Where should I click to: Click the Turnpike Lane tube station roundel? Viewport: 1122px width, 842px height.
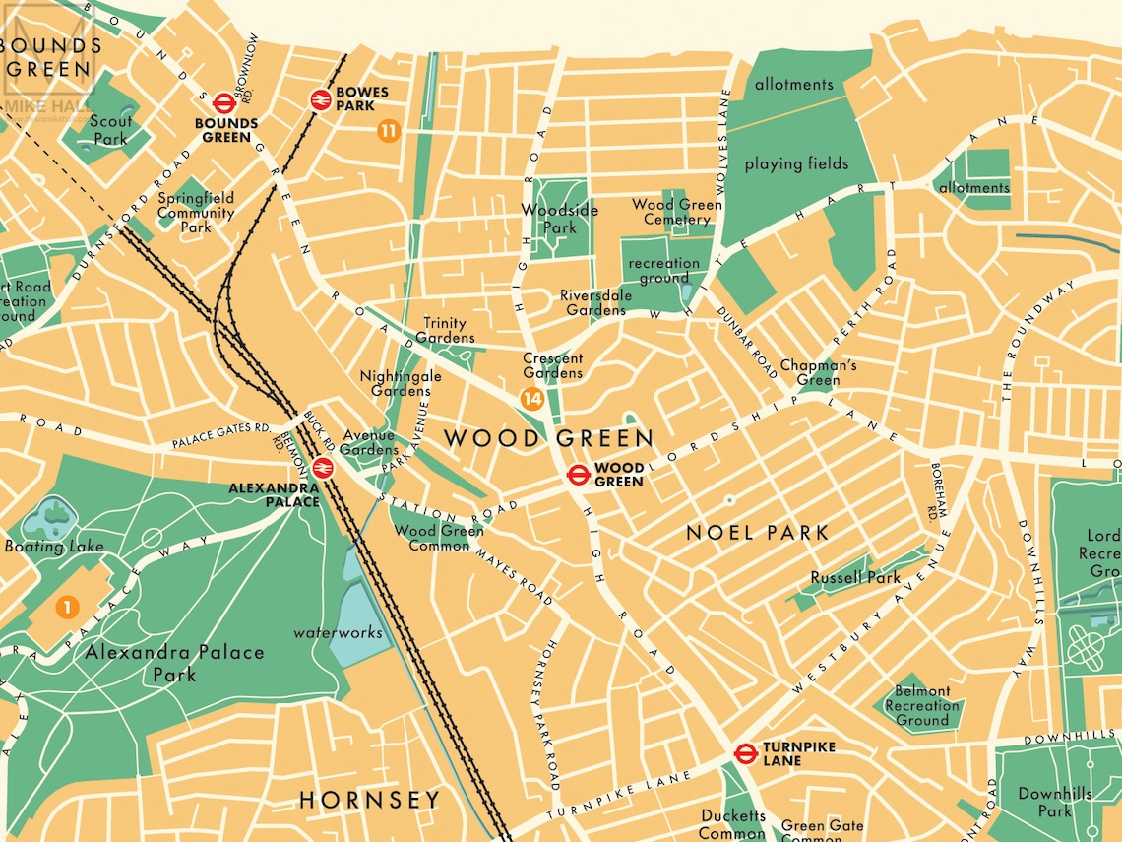[745, 754]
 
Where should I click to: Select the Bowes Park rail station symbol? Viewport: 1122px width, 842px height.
[320, 98]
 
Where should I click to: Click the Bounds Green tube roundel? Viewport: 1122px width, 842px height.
[222, 102]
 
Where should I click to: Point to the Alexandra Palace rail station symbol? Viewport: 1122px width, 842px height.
[322, 468]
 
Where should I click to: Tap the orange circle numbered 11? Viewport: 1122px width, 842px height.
[389, 131]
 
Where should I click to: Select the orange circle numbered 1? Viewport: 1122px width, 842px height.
[67, 608]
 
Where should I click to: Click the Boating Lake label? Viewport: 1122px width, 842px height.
[54, 547]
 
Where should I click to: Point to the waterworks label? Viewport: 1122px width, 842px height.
[338, 632]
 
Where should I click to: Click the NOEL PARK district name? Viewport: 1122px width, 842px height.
[757, 533]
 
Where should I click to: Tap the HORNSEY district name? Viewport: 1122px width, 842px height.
[369, 800]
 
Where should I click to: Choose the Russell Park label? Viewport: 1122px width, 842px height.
[854, 578]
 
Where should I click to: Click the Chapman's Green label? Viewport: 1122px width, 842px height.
[818, 373]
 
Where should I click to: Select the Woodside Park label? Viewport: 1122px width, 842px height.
[559, 219]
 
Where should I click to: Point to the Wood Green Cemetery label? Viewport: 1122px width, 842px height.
[676, 212]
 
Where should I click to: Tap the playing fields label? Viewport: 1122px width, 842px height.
[795, 164]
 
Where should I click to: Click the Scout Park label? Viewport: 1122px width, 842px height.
[110, 130]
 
